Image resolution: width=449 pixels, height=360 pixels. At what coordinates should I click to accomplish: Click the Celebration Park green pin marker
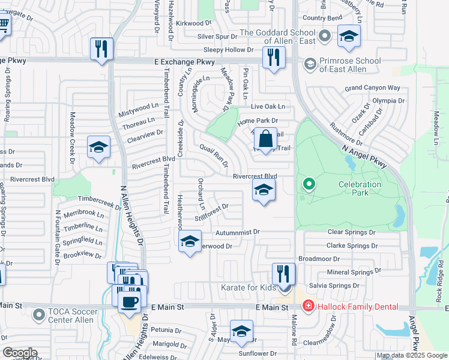click(x=309, y=183)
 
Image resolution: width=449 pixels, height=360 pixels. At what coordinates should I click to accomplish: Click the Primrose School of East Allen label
click(x=350, y=65)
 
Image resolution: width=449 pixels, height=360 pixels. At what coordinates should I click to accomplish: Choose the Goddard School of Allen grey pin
click(x=325, y=37)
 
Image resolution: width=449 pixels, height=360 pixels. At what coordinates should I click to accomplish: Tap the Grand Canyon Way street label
click(x=372, y=88)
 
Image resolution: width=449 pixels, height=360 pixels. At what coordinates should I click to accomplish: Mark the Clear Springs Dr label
click(x=351, y=232)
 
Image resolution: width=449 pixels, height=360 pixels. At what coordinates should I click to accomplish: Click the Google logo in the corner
click(x=20, y=353)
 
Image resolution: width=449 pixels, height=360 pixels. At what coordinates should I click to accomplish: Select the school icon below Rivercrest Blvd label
click(x=264, y=191)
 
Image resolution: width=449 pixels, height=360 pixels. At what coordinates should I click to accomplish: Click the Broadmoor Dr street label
click(x=319, y=259)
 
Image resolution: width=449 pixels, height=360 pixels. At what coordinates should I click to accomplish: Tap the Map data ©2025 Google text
click(x=412, y=356)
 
